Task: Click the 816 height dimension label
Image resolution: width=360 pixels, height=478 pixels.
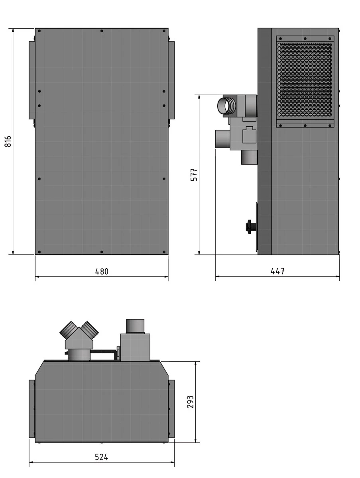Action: point(8,141)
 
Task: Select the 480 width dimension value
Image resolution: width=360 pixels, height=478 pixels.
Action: point(102,272)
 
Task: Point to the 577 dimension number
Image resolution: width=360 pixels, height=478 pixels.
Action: point(194,175)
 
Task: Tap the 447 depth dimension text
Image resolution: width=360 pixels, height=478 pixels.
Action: point(277,271)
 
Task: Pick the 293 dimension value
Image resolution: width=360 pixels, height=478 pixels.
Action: point(191,402)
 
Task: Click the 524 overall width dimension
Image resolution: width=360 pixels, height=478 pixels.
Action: point(102,457)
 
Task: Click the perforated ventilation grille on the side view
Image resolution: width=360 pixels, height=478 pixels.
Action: point(305,80)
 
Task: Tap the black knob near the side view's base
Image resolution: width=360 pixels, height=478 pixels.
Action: point(250,226)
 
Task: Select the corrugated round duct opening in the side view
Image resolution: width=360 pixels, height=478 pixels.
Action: point(224,106)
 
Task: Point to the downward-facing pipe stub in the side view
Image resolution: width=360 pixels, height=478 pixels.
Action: point(249,157)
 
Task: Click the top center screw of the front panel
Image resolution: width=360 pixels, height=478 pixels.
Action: point(102,31)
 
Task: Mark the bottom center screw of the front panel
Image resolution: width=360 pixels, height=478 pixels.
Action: point(102,252)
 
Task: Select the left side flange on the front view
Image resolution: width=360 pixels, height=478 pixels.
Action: point(32,80)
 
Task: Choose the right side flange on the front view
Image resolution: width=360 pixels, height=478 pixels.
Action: point(171,80)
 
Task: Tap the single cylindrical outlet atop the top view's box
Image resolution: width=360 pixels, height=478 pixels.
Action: point(135,326)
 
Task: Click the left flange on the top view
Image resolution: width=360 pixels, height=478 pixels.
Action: point(32,409)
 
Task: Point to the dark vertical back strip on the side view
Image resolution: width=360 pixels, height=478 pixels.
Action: point(265,141)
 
